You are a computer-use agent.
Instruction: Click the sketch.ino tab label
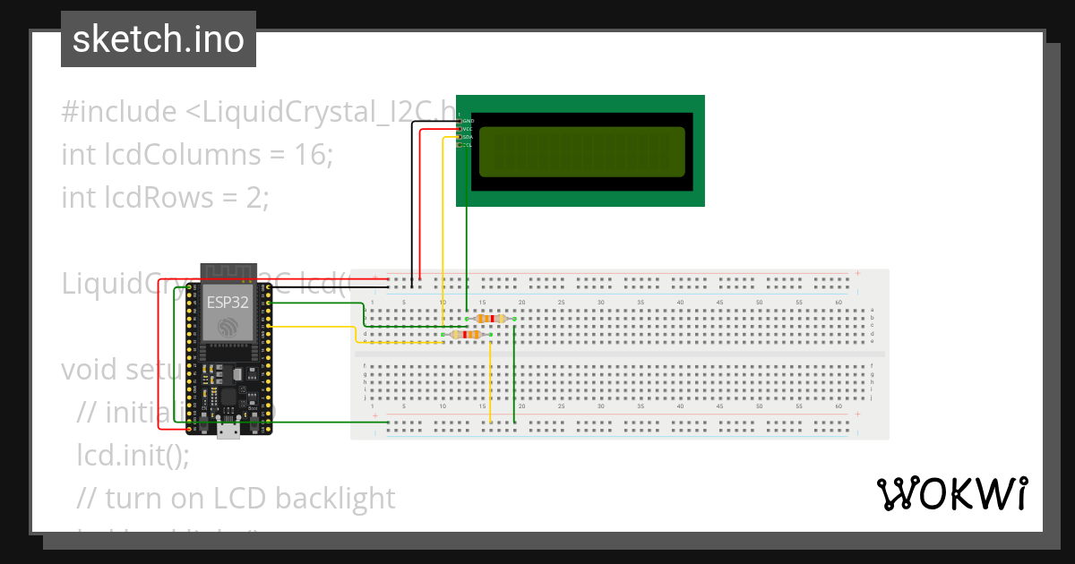(159, 39)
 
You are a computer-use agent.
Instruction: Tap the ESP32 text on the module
(228, 301)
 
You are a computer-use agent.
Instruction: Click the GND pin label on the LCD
(468, 120)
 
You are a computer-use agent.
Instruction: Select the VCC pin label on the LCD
(467, 129)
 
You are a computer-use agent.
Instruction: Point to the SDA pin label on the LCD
(467, 137)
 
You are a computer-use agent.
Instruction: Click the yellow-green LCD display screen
(582, 152)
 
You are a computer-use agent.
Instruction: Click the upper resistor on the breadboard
(491, 319)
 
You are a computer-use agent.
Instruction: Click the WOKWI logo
(951, 493)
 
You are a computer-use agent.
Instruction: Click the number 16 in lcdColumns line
(310, 154)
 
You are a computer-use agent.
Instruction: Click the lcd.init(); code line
(133, 455)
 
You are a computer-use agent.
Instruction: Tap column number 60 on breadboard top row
(838, 303)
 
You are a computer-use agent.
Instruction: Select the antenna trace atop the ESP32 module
(228, 270)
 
